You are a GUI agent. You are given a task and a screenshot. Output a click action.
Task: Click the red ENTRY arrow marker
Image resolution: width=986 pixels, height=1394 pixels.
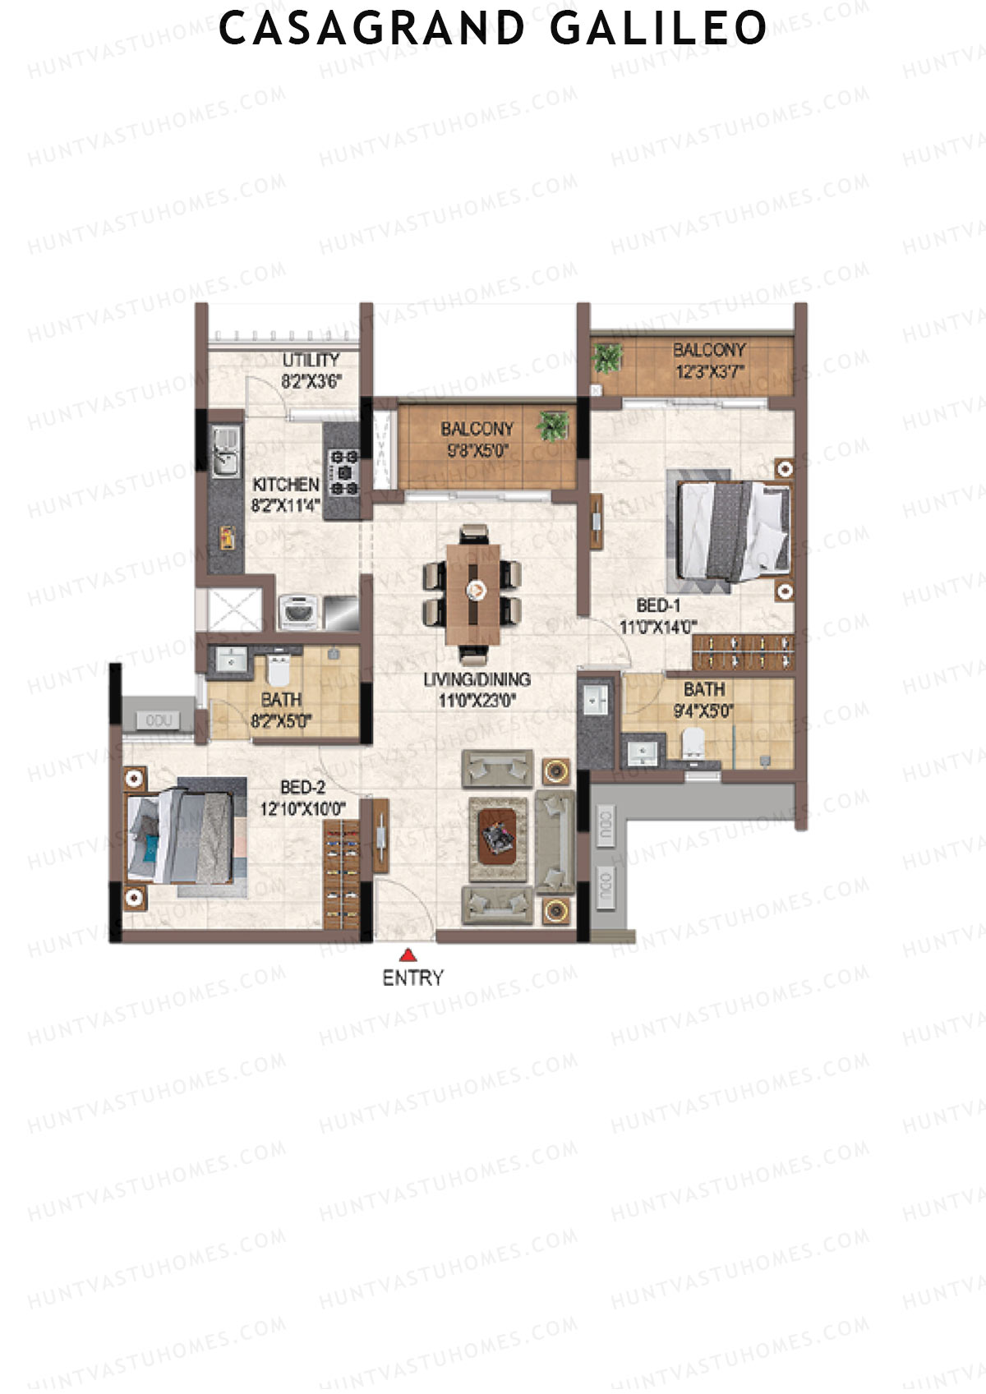click(408, 955)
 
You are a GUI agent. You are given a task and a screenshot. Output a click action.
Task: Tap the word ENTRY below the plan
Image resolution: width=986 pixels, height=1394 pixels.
click(412, 978)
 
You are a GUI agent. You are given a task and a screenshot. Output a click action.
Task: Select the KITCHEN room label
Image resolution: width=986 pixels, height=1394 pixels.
click(285, 485)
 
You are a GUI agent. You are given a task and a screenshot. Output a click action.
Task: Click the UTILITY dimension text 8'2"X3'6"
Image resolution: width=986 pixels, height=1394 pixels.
click(311, 380)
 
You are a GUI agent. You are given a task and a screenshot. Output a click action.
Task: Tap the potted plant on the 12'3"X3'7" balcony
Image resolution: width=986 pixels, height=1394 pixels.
click(609, 358)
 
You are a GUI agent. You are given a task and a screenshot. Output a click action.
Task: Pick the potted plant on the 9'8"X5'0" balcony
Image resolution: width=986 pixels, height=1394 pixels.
click(553, 426)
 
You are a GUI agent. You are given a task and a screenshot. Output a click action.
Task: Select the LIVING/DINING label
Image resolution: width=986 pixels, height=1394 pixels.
click(477, 679)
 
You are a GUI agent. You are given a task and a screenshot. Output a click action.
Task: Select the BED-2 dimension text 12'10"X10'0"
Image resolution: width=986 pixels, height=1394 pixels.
click(302, 808)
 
